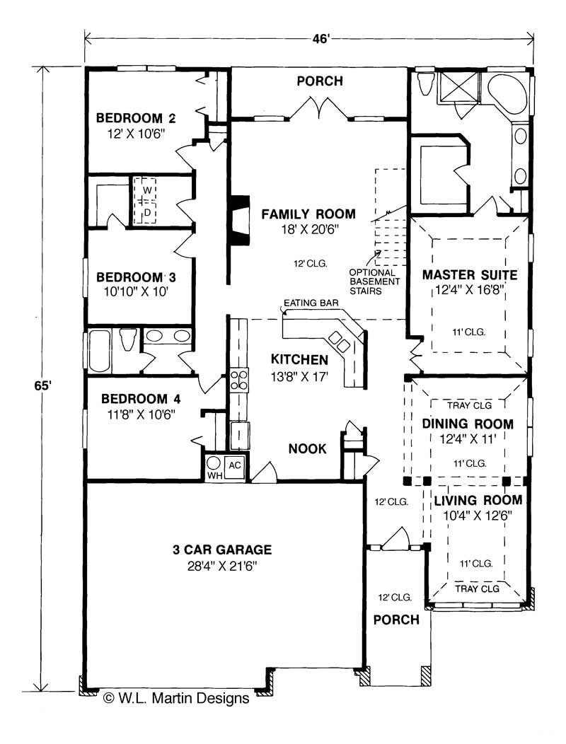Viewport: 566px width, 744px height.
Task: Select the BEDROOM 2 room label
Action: (136, 117)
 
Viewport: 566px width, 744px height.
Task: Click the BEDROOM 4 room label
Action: (136, 399)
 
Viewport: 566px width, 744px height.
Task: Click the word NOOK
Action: (307, 448)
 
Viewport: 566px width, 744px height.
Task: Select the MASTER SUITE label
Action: (469, 274)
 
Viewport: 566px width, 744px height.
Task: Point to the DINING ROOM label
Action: (468, 424)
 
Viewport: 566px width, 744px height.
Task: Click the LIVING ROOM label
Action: (478, 501)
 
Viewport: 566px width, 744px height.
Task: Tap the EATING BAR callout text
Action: (311, 304)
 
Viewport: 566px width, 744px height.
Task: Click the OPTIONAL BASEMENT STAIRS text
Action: (375, 281)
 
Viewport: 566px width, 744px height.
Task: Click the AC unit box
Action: (236, 465)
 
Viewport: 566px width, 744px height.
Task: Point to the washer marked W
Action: (147, 190)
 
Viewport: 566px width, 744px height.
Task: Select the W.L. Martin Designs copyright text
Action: (176, 698)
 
